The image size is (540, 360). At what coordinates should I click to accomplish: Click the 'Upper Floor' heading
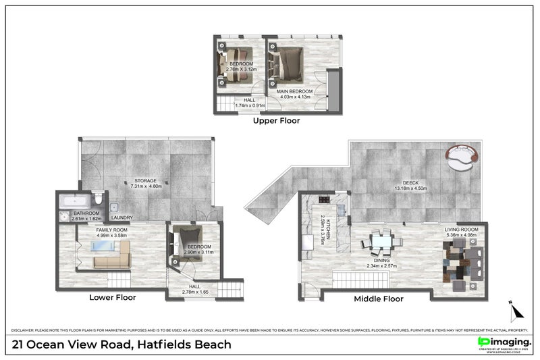(x=276, y=122)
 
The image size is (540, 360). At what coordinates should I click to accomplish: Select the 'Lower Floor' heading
(x=113, y=297)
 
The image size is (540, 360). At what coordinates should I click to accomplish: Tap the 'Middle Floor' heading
(x=379, y=299)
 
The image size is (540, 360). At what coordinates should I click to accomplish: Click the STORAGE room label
(x=145, y=181)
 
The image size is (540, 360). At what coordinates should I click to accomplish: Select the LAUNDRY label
(x=122, y=217)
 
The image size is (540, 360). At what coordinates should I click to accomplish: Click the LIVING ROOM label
(x=461, y=230)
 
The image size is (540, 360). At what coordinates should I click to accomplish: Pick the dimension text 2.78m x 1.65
(x=194, y=292)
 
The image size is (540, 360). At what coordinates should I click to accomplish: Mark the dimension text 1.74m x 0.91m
(x=250, y=105)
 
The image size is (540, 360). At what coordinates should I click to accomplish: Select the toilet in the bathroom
(x=99, y=199)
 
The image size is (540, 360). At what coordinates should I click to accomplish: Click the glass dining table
(x=381, y=240)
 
